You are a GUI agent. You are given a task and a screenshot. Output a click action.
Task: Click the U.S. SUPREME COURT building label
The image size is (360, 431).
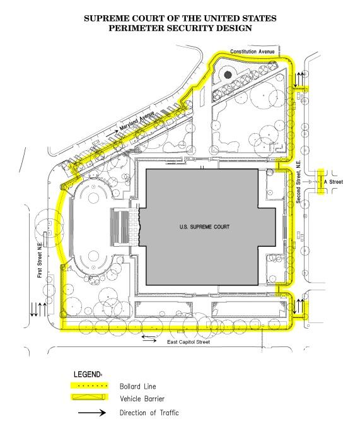point(204,227)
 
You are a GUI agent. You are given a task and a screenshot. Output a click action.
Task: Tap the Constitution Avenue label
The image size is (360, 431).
point(252,51)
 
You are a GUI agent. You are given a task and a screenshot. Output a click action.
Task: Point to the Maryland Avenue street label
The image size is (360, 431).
point(137,121)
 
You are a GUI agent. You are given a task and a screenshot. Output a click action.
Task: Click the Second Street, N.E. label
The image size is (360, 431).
point(298,182)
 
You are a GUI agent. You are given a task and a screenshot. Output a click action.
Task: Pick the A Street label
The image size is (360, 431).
point(334,182)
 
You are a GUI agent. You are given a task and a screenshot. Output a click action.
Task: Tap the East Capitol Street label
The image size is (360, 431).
point(189,342)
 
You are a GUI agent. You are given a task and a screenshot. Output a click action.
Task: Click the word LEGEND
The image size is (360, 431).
point(87,374)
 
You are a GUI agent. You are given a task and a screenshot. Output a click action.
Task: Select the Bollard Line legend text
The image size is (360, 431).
point(137,386)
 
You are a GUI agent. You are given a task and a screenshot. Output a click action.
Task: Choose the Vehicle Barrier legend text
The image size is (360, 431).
point(142,399)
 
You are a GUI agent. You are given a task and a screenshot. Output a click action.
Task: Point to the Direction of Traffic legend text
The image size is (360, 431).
point(149,413)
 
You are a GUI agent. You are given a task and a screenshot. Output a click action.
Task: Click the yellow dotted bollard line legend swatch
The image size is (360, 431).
point(90,386)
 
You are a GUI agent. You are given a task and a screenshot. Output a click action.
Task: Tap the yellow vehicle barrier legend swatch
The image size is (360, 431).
point(90,397)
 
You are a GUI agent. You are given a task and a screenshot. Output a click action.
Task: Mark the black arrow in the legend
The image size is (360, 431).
point(92,413)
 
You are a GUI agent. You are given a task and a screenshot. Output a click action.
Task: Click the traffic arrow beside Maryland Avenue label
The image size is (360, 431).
point(111,133)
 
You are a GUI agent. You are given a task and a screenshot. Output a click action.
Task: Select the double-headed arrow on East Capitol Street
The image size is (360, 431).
point(149,339)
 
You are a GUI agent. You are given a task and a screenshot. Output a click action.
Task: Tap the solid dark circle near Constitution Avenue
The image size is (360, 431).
point(228,74)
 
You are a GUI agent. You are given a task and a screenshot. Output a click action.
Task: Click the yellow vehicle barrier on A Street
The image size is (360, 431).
point(320,182)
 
